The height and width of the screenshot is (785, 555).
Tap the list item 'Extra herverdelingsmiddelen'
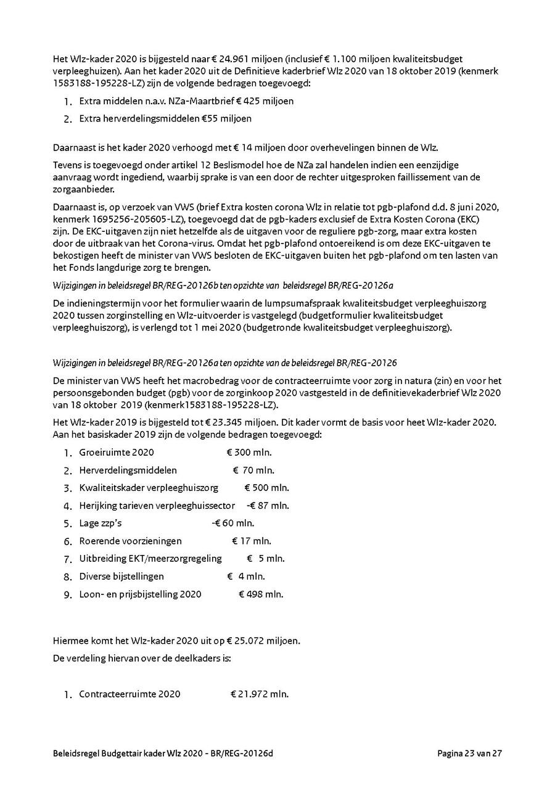point(134,118)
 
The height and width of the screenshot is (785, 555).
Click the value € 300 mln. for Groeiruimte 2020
point(249,453)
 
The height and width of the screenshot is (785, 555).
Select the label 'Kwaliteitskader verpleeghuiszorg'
point(149,488)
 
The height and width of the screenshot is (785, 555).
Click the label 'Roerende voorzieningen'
point(131,541)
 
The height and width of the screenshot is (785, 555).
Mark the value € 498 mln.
point(261,594)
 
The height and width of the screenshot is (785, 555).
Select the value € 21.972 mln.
point(260,694)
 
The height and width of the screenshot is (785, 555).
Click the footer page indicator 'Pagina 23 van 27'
point(470,753)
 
